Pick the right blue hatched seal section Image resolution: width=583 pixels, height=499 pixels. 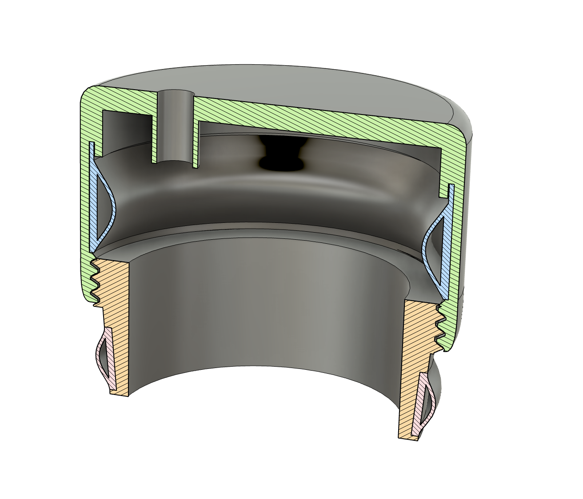pyautogui.click(x=449, y=240)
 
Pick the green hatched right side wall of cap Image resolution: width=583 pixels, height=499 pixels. pyautogui.click(x=460, y=222)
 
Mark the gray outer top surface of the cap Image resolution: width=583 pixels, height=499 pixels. pyautogui.click(x=311, y=89)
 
